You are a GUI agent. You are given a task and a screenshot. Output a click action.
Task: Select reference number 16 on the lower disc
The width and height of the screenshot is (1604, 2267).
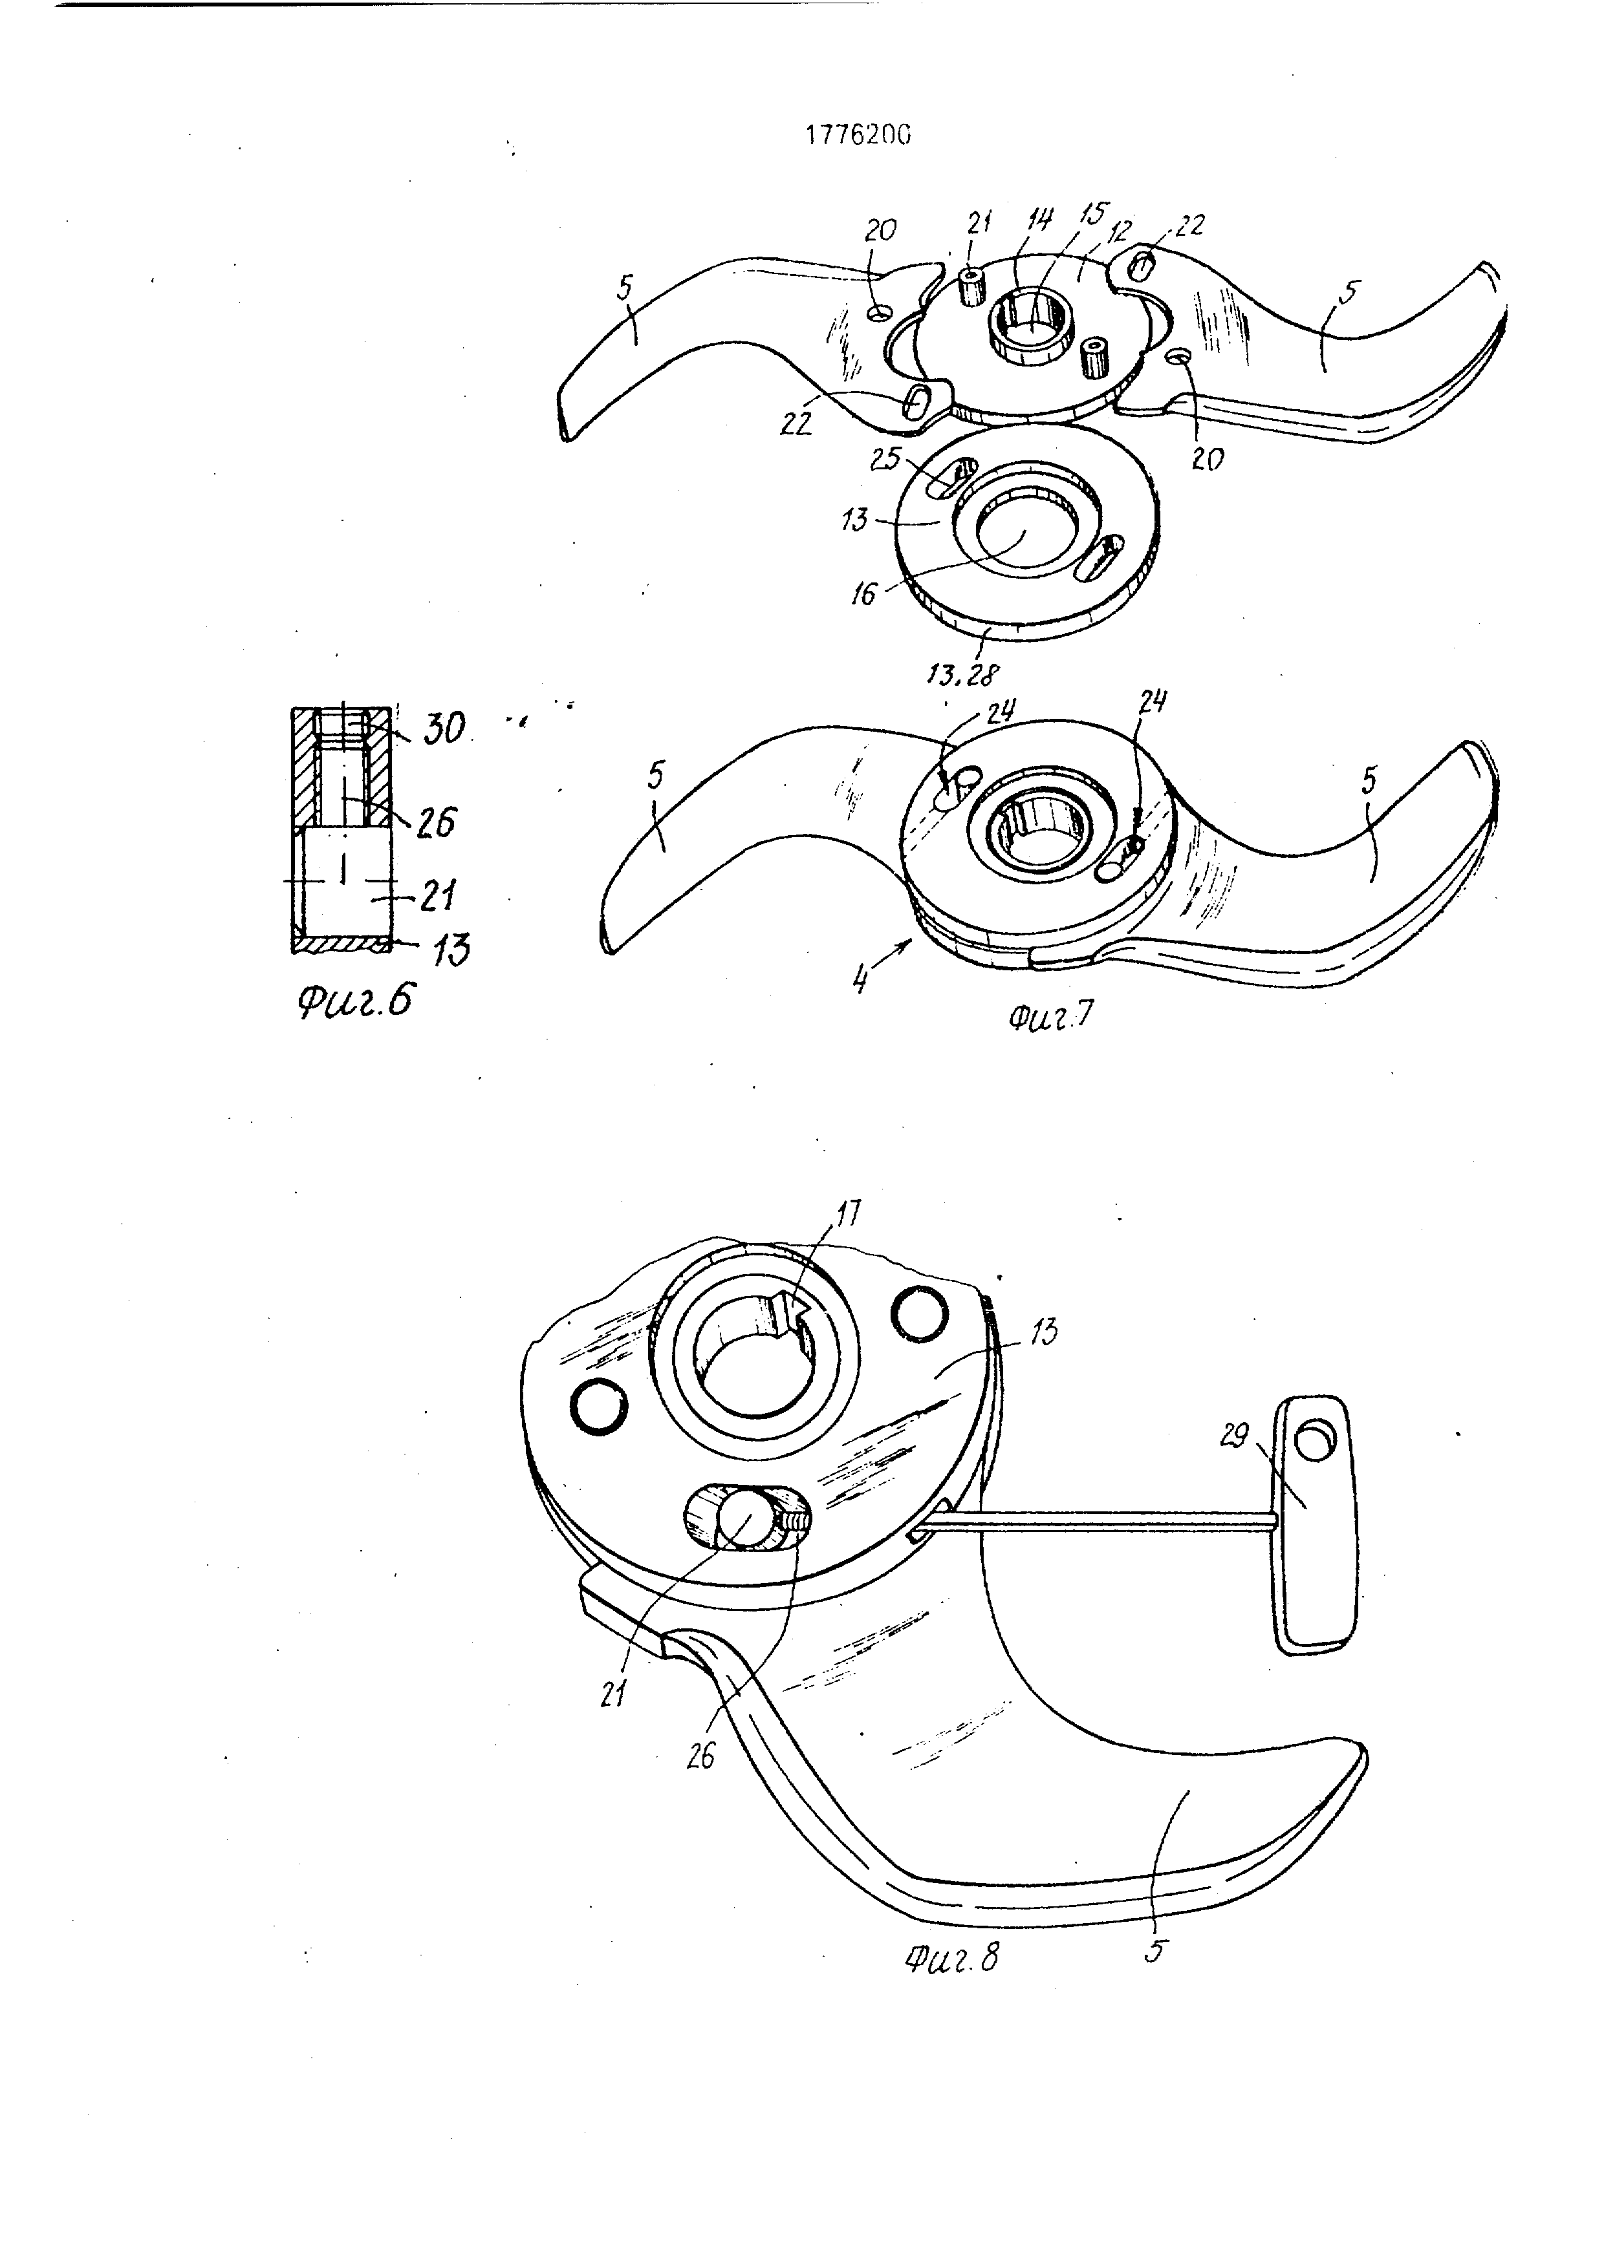coord(864,593)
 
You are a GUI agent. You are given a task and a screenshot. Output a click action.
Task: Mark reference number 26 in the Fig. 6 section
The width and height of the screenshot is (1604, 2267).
coord(435,822)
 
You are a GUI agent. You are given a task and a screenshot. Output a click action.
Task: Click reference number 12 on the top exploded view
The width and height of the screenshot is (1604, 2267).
coord(1118,233)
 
